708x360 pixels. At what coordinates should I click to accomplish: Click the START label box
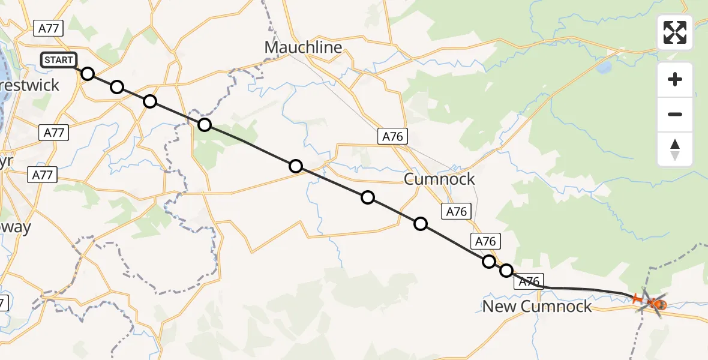(x=59, y=60)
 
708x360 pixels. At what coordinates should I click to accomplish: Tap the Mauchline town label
(x=303, y=47)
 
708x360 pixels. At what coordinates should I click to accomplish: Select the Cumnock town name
(x=439, y=179)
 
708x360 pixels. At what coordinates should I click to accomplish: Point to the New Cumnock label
(x=537, y=307)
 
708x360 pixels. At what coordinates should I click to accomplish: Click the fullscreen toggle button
(x=675, y=32)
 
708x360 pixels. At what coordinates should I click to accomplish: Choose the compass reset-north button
(x=675, y=149)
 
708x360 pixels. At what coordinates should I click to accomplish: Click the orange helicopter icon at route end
(x=653, y=301)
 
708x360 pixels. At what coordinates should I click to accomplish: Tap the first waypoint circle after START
(x=88, y=74)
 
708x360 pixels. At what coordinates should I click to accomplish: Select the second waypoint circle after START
(x=117, y=88)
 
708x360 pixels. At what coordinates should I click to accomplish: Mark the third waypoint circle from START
(x=150, y=101)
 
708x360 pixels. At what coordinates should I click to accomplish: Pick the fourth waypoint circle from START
(x=205, y=125)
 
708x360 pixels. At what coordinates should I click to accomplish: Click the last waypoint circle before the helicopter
(x=506, y=271)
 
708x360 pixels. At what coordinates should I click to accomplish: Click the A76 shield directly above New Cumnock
(x=529, y=281)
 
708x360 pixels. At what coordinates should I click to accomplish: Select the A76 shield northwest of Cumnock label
(x=393, y=137)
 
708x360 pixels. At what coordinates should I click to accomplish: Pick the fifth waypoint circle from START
(x=296, y=166)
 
